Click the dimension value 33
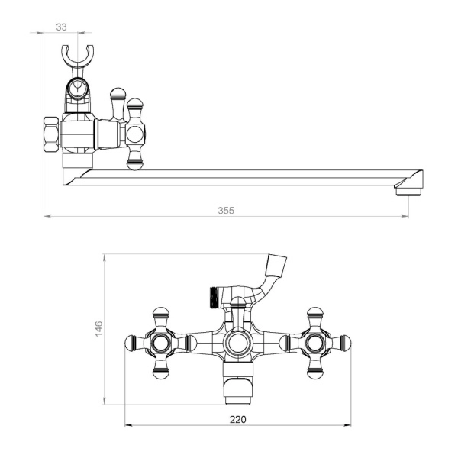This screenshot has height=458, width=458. click(x=61, y=27)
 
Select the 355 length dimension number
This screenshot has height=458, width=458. click(x=226, y=211)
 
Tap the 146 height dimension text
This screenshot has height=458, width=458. click(x=99, y=328)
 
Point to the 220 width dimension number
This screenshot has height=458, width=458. click(x=238, y=419)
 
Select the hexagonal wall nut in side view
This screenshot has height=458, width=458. click(x=51, y=134)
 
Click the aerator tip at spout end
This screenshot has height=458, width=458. click(x=408, y=192)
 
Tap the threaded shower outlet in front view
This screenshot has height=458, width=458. click(x=214, y=297)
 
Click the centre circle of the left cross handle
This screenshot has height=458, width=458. click(x=160, y=343)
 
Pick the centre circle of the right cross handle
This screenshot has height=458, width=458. click(x=314, y=343)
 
